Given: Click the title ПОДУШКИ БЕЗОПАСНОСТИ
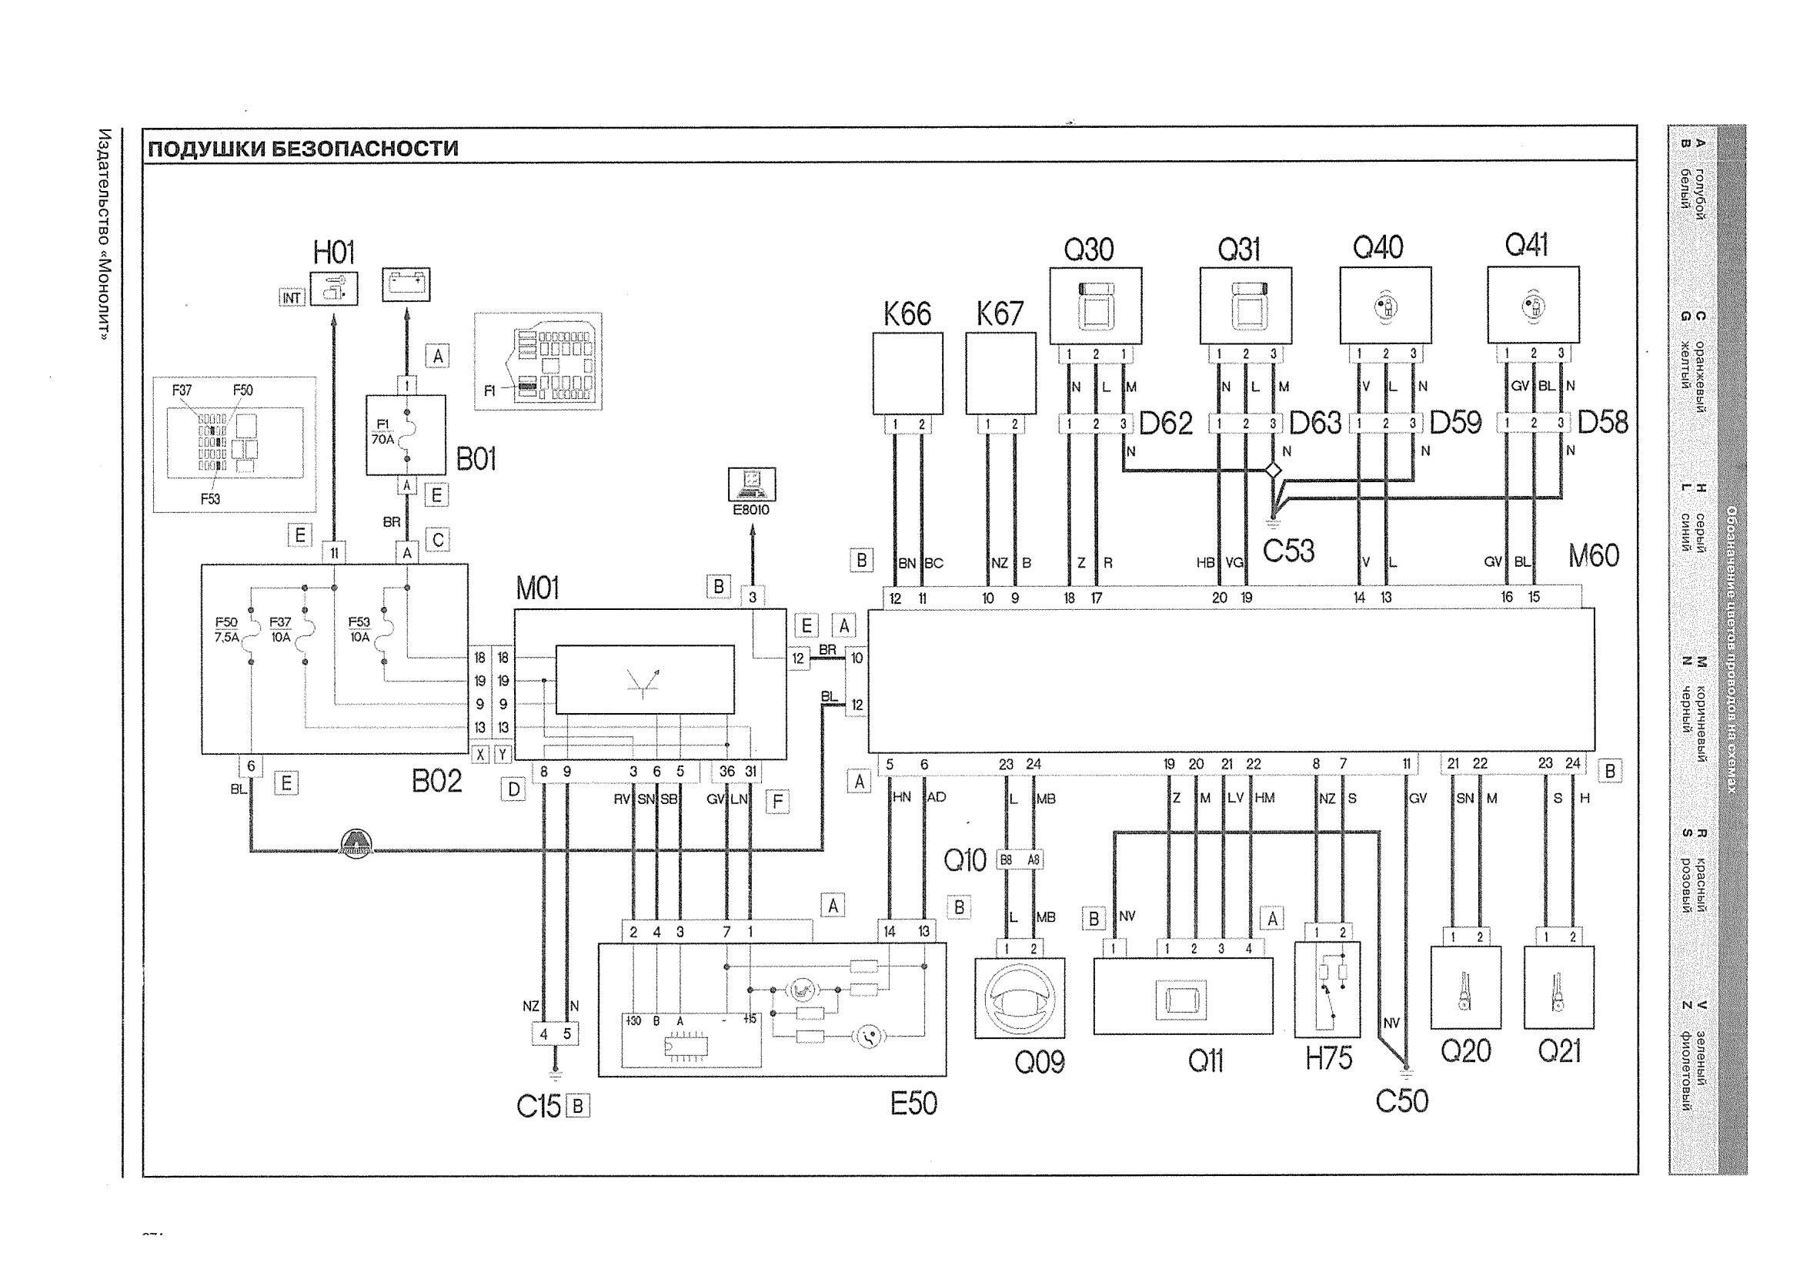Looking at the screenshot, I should [302, 148].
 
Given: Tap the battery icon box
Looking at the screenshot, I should [406, 284].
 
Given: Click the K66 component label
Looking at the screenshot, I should [907, 313].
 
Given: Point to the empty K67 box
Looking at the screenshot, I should [1000, 373].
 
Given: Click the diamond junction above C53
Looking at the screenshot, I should [1272, 471].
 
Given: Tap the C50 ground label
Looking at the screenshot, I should [1401, 1100].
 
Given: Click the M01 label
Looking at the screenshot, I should [537, 588].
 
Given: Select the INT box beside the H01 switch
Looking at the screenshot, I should [292, 297].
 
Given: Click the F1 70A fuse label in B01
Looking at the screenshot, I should [382, 432].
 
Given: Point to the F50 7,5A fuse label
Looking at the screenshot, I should [225, 630].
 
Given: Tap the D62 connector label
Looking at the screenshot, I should [1166, 424].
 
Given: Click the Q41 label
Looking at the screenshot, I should [1525, 246].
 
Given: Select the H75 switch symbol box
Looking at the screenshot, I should [1327, 989].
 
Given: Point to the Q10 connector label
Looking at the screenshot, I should [964, 860].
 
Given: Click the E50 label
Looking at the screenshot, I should [913, 1104].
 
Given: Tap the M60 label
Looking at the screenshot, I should [1593, 556].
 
